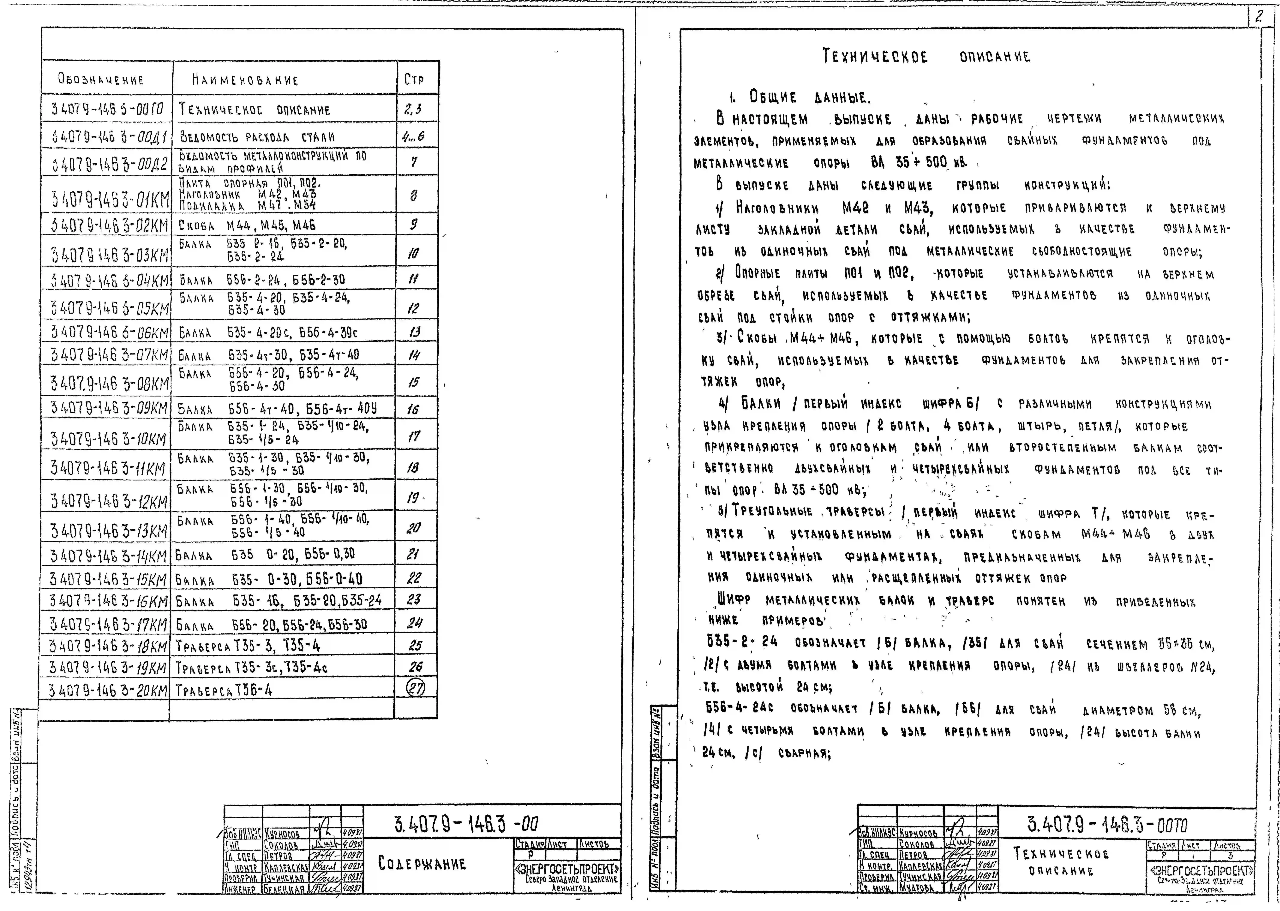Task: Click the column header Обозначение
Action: click(x=101, y=80)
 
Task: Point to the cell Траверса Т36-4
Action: click(x=224, y=690)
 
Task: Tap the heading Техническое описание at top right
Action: click(x=926, y=57)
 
